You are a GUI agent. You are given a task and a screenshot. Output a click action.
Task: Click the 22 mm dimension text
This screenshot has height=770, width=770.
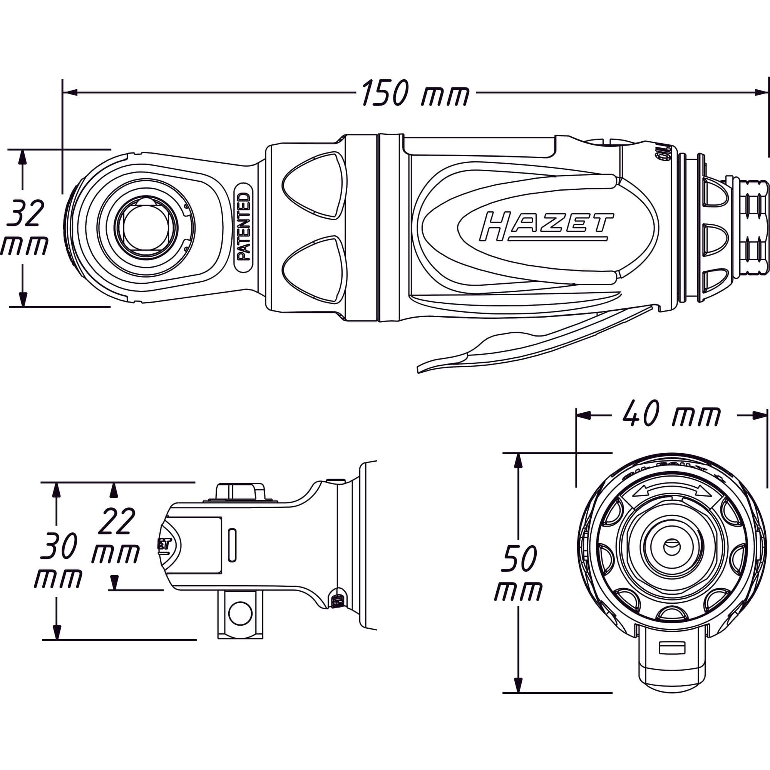point(115,536)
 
